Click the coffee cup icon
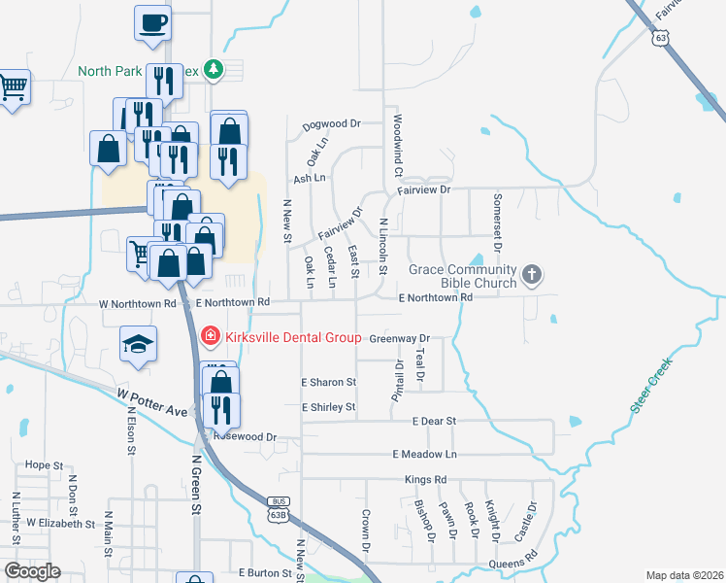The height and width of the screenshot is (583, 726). point(153,23)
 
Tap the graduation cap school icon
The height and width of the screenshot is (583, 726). point(138,343)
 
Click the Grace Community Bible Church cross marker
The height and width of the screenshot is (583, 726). point(531,275)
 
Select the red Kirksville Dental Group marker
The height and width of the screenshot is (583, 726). point(209,336)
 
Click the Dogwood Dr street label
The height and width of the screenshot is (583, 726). point(331,124)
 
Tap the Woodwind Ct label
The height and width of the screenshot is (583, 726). point(398,145)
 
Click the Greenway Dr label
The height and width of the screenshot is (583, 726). point(399,339)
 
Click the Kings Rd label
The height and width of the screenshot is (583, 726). point(426,480)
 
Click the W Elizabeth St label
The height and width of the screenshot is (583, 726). point(61,523)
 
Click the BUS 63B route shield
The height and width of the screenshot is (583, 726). point(274,505)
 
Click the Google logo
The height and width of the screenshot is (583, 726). point(32,571)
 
